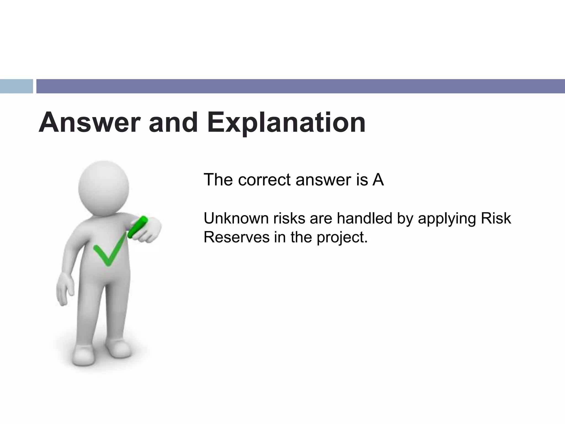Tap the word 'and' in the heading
tap(173, 123)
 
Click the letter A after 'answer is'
tap(378, 180)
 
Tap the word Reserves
tap(236, 237)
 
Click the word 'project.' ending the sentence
tap(342, 238)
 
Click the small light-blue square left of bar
tap(16, 86)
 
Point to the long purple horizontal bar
tap(300, 86)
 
